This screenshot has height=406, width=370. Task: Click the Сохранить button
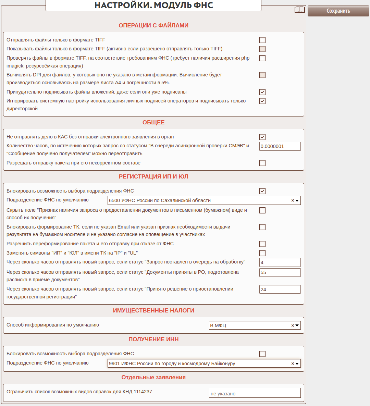pos(338,11)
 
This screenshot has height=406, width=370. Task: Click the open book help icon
pos(299,10)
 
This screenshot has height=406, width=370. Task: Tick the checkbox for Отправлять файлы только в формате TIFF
pos(262,40)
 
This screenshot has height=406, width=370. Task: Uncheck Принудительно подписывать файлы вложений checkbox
pos(262,92)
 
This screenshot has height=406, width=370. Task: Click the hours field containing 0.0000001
pos(280,146)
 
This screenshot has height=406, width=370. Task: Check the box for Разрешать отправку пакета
pos(262,163)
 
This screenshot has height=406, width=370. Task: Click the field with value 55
pos(280,272)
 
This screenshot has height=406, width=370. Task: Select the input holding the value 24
pos(280,290)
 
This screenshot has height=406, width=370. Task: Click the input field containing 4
pos(280,262)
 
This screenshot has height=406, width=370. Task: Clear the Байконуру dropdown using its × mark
pos(293,364)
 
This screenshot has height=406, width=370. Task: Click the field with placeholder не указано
pos(255,393)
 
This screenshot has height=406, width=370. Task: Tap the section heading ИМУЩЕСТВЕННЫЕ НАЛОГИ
pos(153,310)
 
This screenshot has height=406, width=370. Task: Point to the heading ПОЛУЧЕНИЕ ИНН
pos(153,339)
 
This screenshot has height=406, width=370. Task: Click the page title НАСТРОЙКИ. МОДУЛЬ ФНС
pos(153,5)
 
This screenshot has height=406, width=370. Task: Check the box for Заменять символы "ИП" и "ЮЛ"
pos(262,253)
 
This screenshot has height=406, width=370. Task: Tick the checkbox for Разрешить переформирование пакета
pos(262,244)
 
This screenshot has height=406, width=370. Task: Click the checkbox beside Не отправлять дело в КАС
pos(262,137)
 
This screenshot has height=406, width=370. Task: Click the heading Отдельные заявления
pos(153,377)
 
